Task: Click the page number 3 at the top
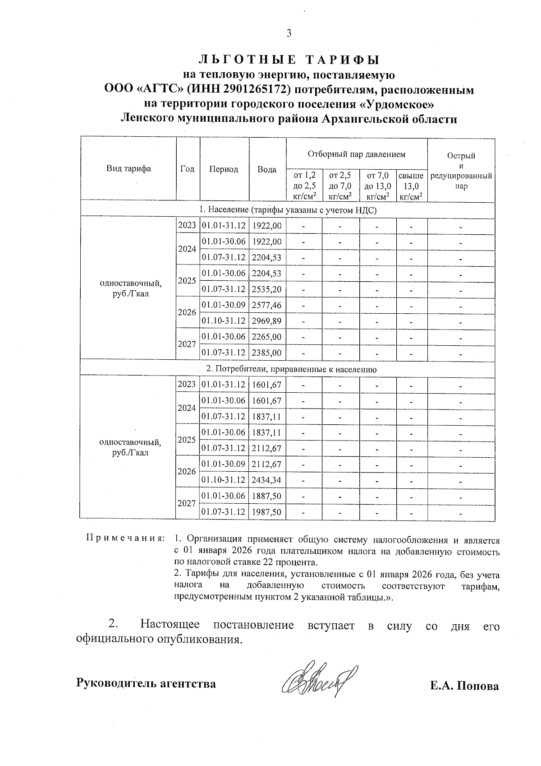289,33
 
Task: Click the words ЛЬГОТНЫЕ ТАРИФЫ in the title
289,60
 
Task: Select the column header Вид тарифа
128,169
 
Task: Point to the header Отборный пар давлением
356,154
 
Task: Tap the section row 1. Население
288,210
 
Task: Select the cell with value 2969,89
267,321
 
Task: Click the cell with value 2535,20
267,289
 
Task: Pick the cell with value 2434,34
267,480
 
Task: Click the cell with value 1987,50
267,512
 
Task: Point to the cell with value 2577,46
267,305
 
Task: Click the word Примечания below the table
125,539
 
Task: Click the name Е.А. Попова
464,686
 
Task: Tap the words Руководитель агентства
146,683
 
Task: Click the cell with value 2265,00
267,337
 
